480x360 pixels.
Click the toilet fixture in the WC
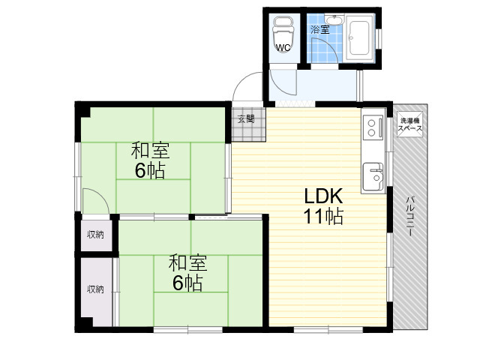(283, 34)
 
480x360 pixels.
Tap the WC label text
(283, 48)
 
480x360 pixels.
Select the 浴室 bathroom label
(320, 30)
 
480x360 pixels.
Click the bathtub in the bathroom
(359, 38)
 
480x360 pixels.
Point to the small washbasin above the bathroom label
(334, 20)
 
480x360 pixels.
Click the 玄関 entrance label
(246, 118)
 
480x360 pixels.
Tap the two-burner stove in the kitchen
(373, 127)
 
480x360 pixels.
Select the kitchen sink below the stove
(373, 176)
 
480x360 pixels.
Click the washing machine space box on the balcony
(409, 125)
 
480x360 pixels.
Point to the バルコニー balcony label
(409, 216)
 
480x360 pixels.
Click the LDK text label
(323, 196)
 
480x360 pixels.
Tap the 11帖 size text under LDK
(323, 216)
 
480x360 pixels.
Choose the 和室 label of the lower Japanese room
(187, 262)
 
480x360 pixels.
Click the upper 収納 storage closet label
(95, 235)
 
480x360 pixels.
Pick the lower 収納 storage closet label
(95, 289)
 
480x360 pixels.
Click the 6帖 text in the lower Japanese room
(187, 283)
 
